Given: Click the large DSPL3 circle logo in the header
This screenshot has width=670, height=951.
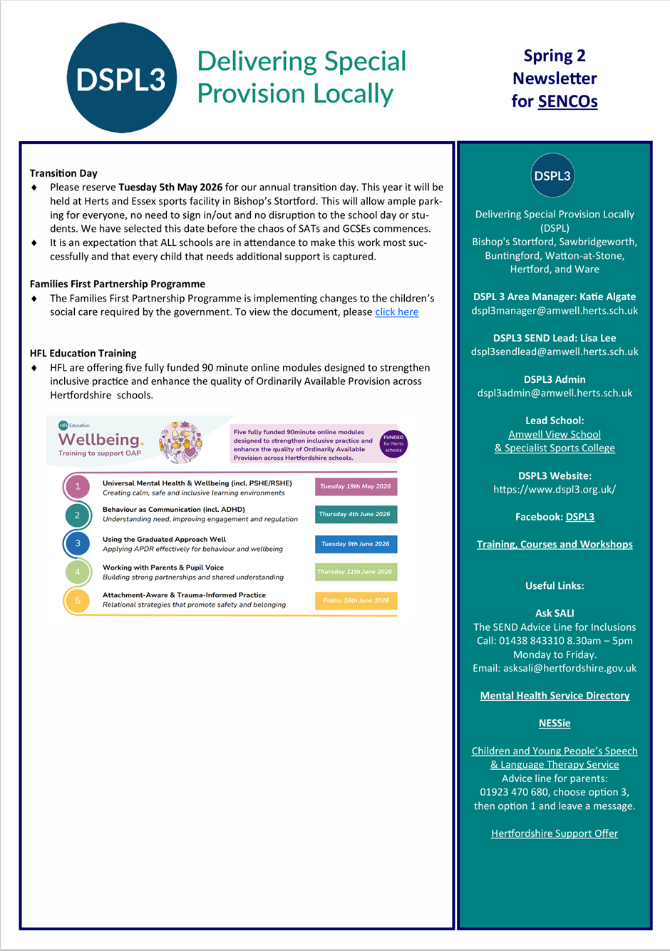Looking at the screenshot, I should point(121,78).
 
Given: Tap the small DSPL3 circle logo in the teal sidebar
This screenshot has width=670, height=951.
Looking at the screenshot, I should point(552,175).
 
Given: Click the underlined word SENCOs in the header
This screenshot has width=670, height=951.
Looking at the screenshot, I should point(567,101).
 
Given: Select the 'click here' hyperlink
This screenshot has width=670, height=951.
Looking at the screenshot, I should point(396,312).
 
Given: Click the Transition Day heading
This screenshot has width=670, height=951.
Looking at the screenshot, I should point(63,173).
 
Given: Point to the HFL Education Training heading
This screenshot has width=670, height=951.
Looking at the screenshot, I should point(83,353).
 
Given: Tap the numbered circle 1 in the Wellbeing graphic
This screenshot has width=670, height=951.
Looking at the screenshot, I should point(78,487).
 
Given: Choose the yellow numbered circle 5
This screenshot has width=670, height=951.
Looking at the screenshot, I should point(78,600).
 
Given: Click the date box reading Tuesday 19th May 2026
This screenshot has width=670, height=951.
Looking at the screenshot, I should point(356,486).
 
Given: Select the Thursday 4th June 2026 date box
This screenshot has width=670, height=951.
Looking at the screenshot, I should point(356,514).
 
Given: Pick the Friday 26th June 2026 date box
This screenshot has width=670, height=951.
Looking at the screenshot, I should point(356,600).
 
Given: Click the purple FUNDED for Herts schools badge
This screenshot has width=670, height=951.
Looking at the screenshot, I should point(393,443).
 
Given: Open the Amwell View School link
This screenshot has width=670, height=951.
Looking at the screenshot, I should point(555,434).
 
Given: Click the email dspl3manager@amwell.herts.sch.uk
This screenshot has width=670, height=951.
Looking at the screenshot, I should point(555,311).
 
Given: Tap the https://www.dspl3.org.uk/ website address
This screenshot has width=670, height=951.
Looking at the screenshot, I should point(555,489).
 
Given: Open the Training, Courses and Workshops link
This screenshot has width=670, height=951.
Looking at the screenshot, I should point(555,545).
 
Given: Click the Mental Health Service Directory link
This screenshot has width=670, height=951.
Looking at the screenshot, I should point(555,696).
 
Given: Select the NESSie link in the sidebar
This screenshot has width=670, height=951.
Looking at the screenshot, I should point(555,723).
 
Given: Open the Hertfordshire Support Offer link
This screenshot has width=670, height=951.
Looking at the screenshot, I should point(555,833).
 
